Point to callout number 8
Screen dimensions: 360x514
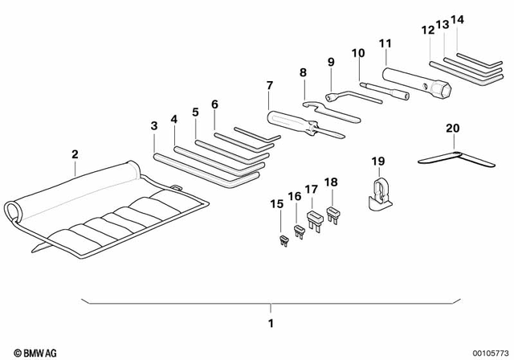pyautogui.click(x=304, y=73)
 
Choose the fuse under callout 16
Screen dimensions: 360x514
pyautogui.click(x=300, y=231)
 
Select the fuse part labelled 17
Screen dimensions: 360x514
pyautogui.click(x=314, y=220)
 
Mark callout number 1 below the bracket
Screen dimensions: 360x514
pyautogui.click(x=271, y=324)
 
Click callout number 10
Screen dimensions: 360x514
pyautogui.click(x=357, y=53)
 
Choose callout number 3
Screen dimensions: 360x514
pyautogui.click(x=154, y=125)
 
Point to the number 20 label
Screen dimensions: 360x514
pyautogui.click(x=452, y=128)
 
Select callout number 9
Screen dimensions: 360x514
pyautogui.click(x=330, y=62)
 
